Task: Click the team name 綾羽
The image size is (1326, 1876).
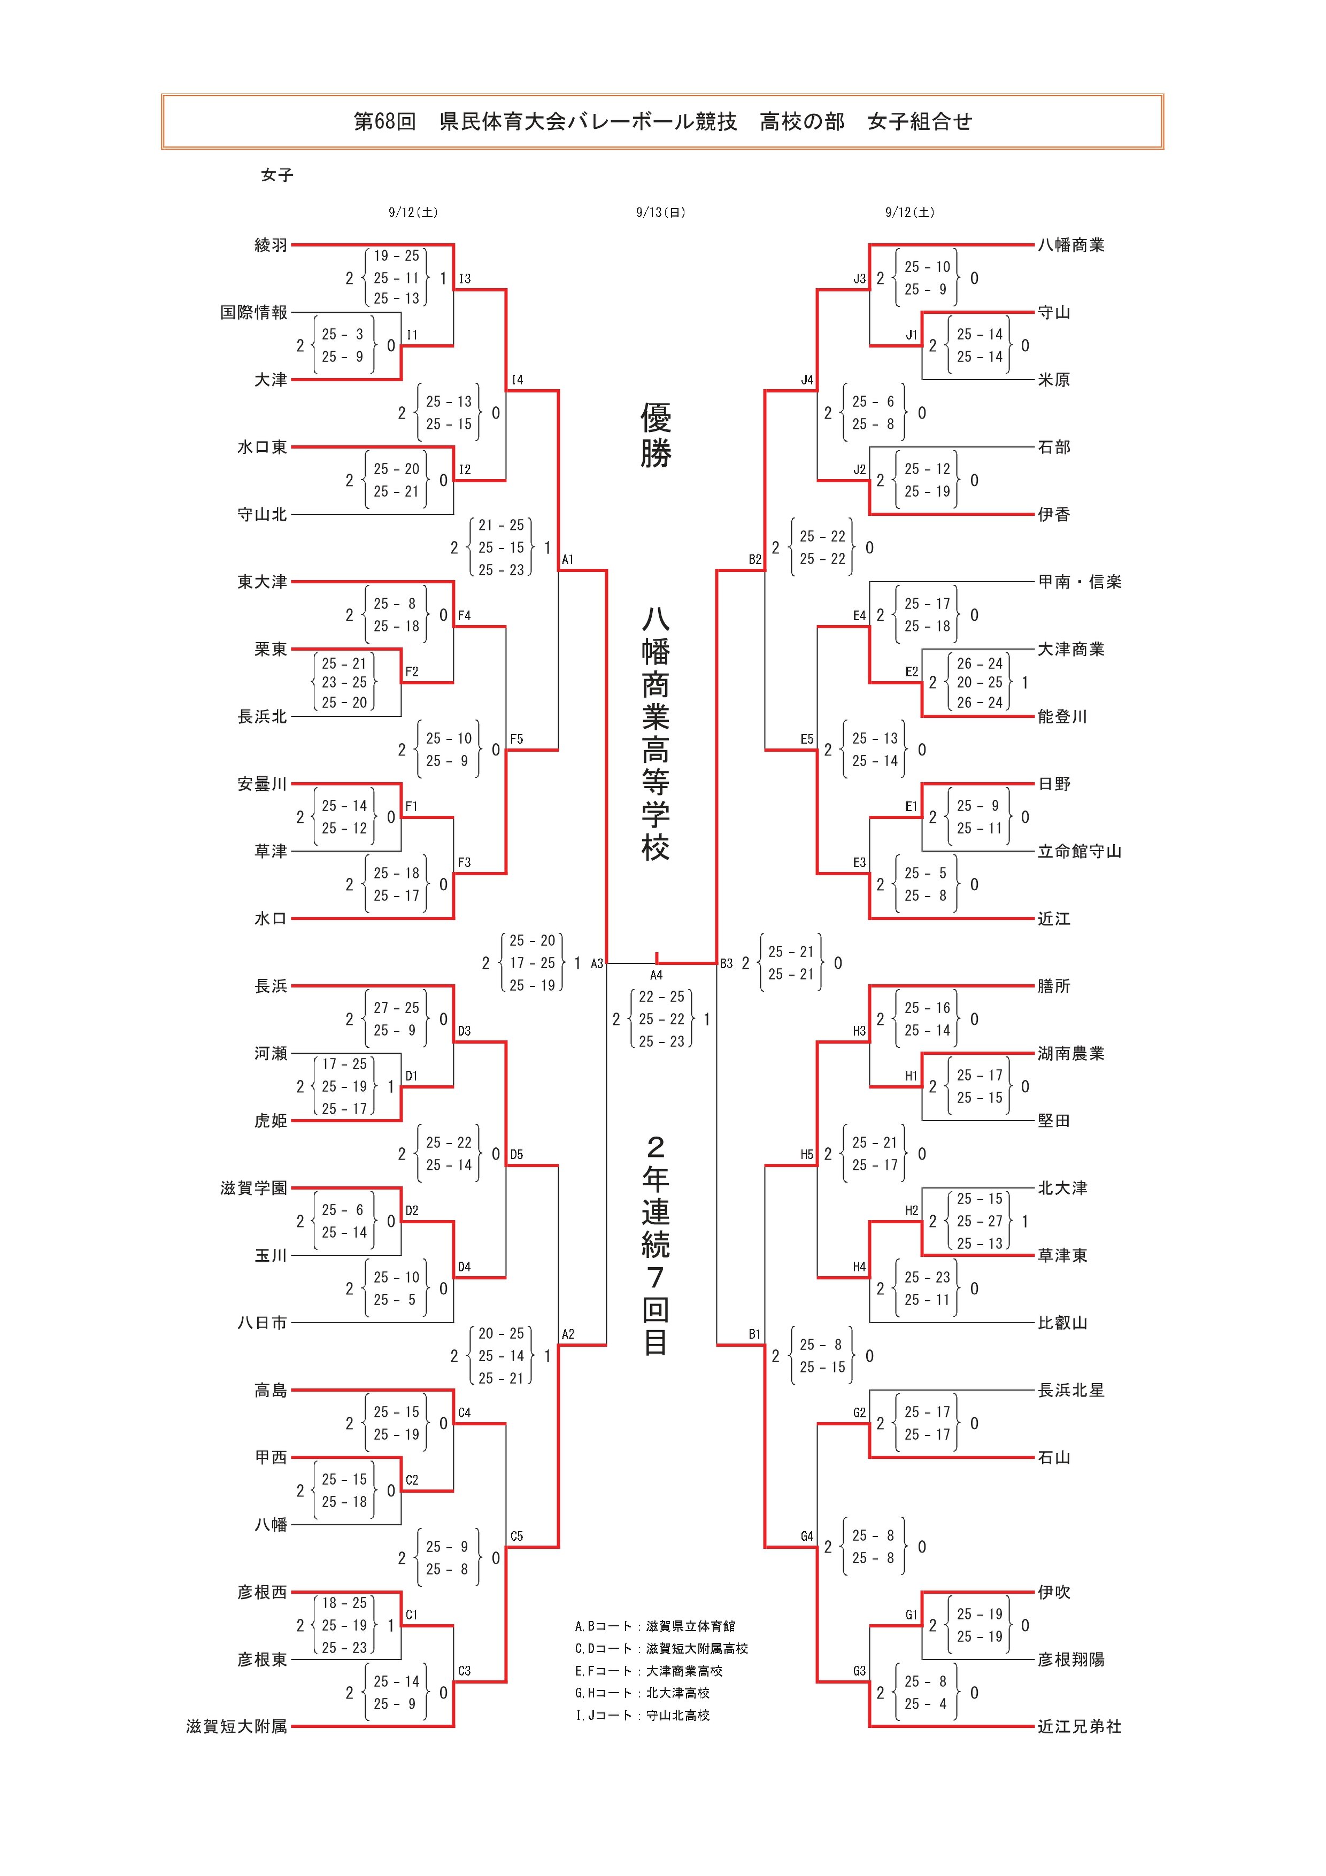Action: (x=271, y=245)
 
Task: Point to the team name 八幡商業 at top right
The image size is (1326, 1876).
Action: (x=1070, y=245)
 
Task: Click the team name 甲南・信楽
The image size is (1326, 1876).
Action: (x=1080, y=582)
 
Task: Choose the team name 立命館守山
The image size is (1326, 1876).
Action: (x=1080, y=851)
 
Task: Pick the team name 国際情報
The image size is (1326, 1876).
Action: (x=253, y=313)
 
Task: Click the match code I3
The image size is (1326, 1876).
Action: (x=464, y=279)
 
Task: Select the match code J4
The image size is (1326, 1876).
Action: (x=806, y=380)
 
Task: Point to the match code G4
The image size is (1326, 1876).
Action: (x=806, y=1536)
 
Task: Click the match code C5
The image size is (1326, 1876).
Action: (x=516, y=1536)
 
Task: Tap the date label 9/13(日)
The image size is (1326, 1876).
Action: (x=661, y=212)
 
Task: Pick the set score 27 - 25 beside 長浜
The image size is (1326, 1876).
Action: (x=396, y=1008)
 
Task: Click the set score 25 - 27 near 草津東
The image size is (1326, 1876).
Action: (x=979, y=1222)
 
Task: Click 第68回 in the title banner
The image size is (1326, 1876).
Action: (x=384, y=122)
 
